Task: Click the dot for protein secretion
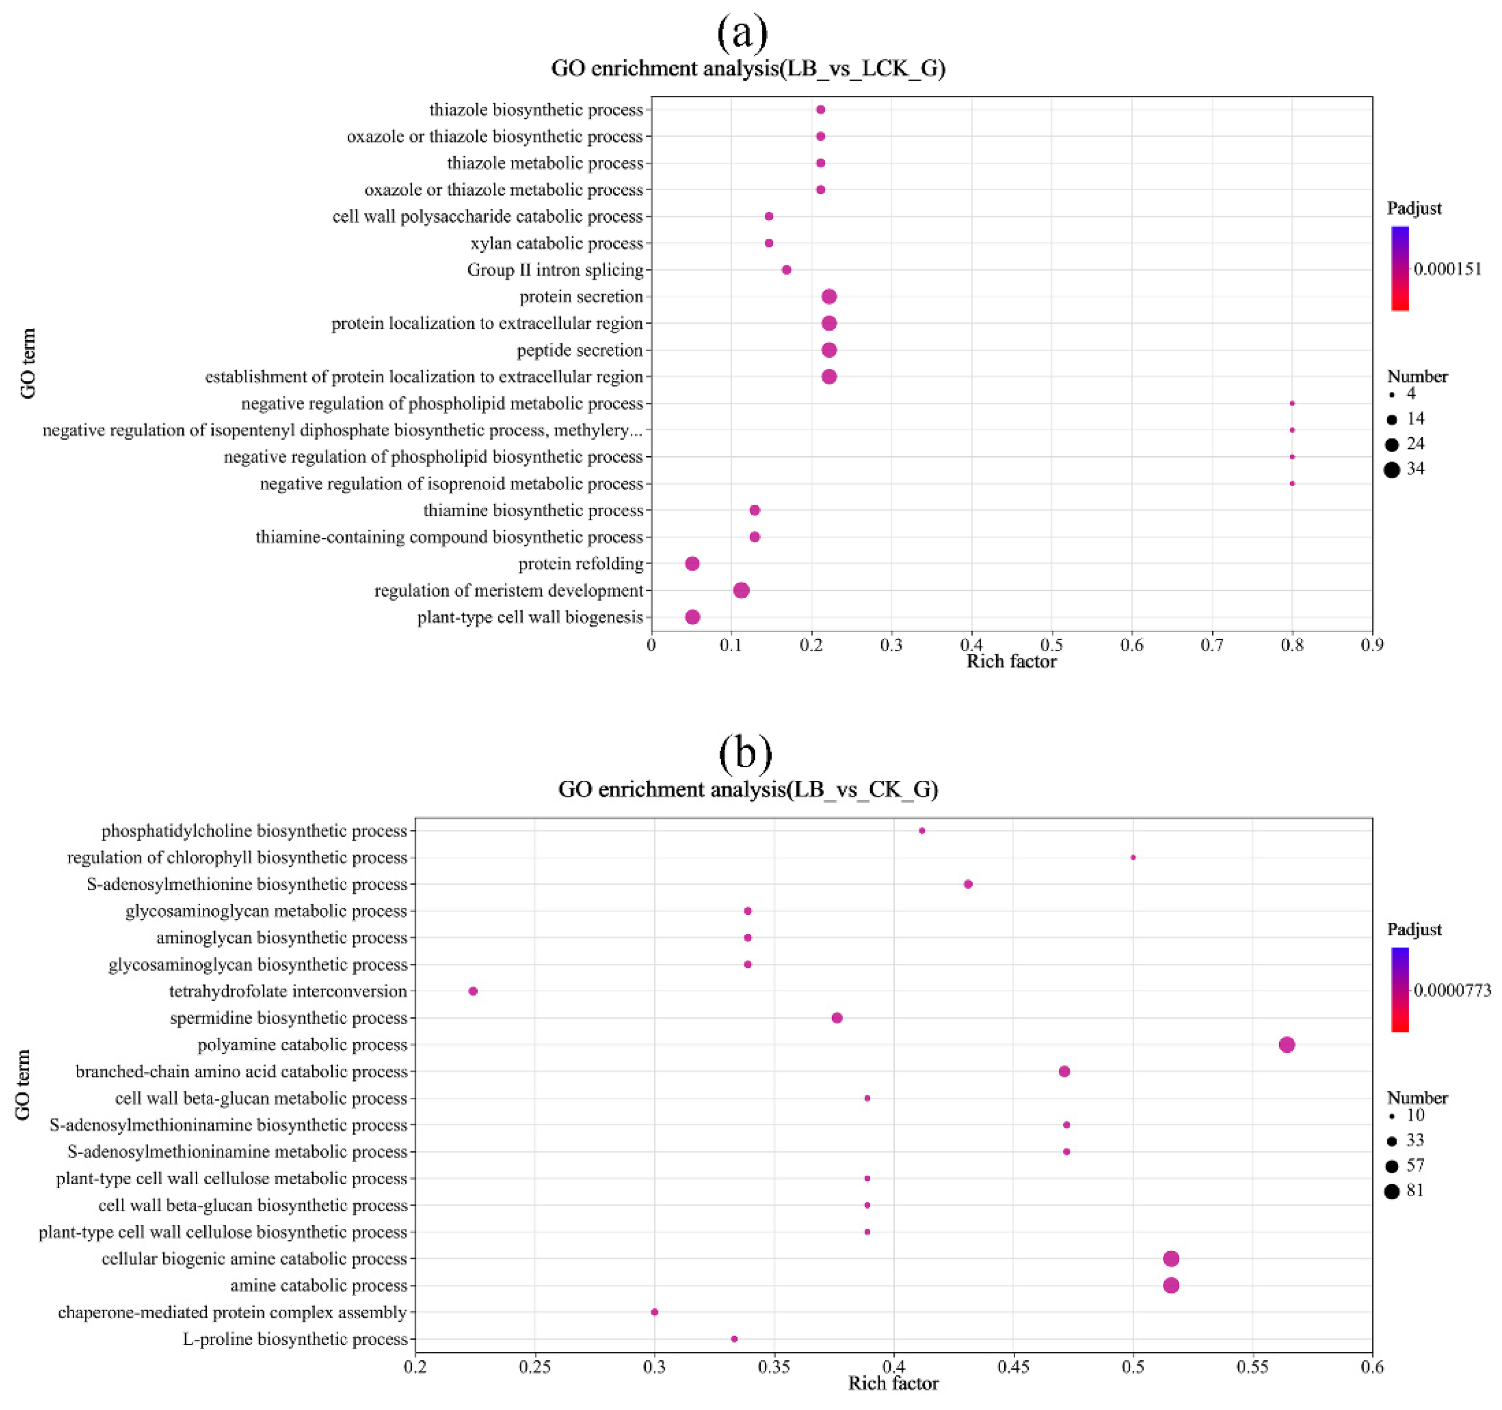(x=829, y=296)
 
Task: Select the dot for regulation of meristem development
(x=741, y=590)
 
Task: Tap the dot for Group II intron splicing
(x=786, y=270)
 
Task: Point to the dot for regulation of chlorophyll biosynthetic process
(x=1133, y=858)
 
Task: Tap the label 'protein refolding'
(x=580, y=563)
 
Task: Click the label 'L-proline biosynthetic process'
(x=295, y=1339)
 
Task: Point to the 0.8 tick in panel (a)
(x=1292, y=645)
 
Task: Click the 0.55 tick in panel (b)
(x=1253, y=1367)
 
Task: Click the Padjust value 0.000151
(x=1447, y=269)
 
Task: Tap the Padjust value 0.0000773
(x=1451, y=991)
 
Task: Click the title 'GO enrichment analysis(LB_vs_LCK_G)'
(x=748, y=69)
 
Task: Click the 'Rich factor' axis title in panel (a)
(x=1011, y=662)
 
